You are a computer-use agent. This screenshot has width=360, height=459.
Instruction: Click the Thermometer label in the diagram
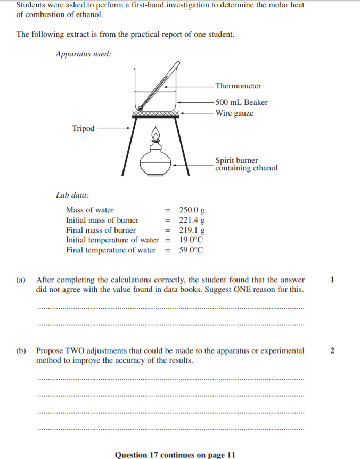pos(238,86)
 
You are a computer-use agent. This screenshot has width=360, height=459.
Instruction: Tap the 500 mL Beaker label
pos(241,102)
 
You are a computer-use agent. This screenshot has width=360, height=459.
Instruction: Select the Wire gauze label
pos(234,113)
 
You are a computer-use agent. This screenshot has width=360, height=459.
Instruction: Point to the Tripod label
pos(83,128)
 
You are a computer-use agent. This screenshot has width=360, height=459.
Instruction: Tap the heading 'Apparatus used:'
pos(84,54)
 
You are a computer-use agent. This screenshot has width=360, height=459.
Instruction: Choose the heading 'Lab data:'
pos(72,195)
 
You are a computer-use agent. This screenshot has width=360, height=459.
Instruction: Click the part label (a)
pos(21,280)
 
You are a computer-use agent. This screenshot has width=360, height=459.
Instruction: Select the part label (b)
pos(21,351)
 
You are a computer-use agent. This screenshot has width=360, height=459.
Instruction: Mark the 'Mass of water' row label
pos(89,210)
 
